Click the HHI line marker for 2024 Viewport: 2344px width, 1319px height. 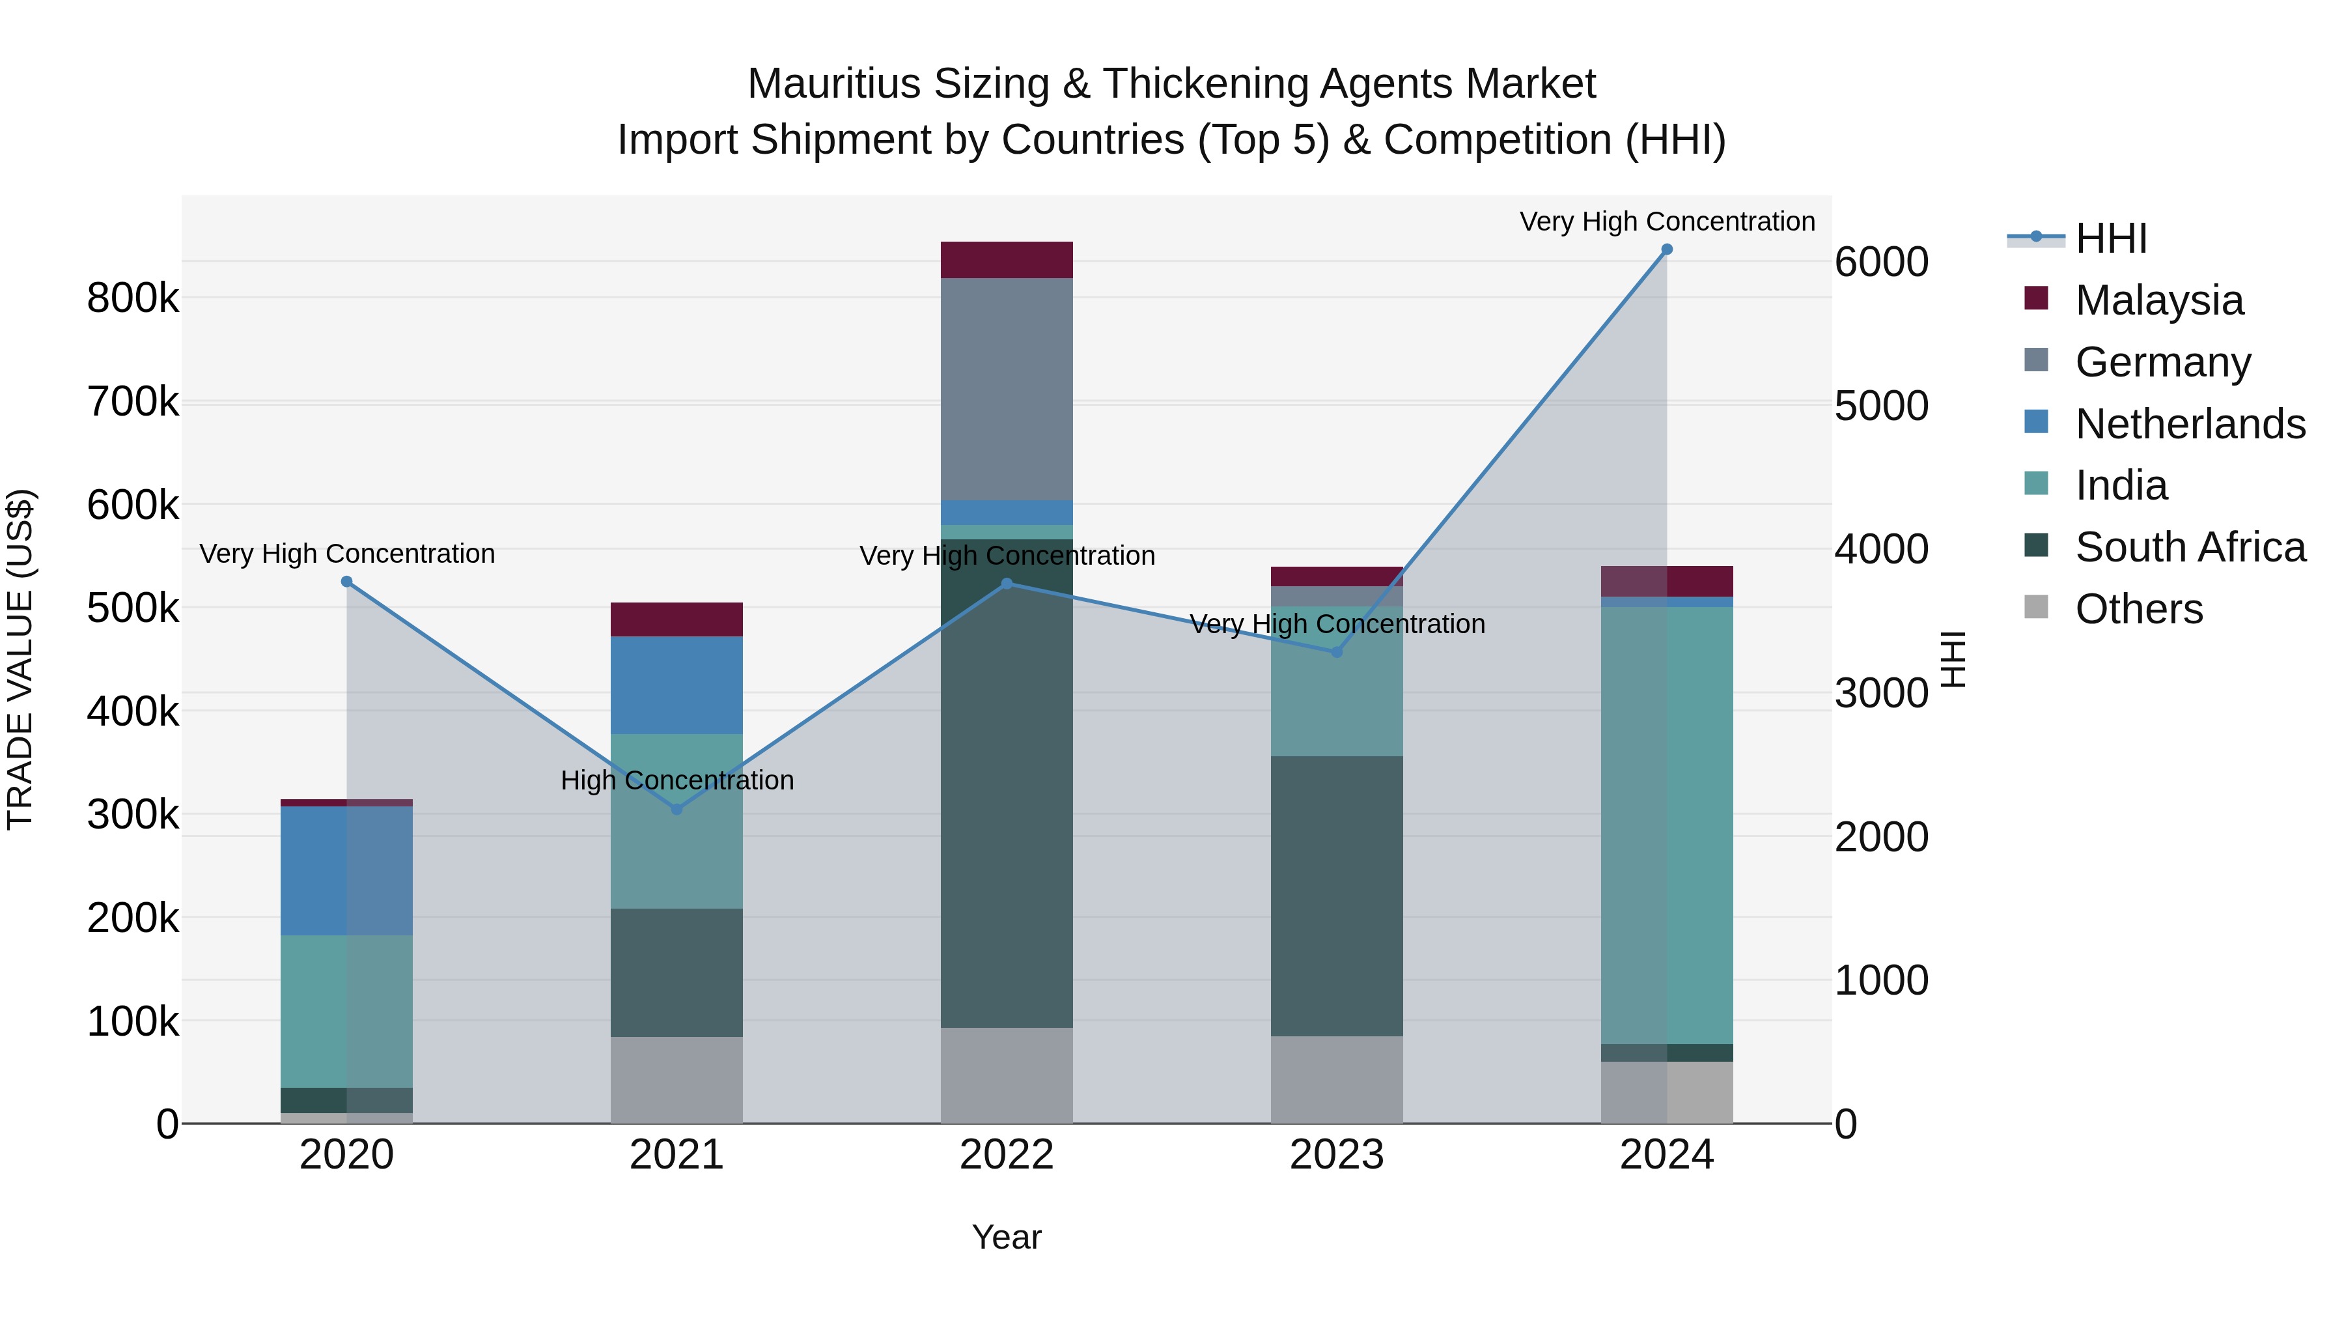click(1666, 249)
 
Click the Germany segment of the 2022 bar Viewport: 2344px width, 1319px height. click(1007, 390)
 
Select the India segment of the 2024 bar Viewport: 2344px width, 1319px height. click(1666, 825)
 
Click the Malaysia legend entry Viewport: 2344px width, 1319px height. click(2158, 300)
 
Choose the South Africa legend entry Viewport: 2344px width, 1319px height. click(2189, 548)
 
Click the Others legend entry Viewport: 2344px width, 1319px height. click(2138, 609)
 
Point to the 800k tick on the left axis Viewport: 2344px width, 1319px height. click(133, 298)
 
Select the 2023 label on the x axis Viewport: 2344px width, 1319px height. click(1337, 1155)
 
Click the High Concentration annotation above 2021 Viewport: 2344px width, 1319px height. click(677, 780)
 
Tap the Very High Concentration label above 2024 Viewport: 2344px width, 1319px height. click(1666, 221)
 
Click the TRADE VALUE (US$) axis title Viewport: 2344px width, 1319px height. click(20, 659)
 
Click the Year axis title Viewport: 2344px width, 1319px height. click(1007, 1237)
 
